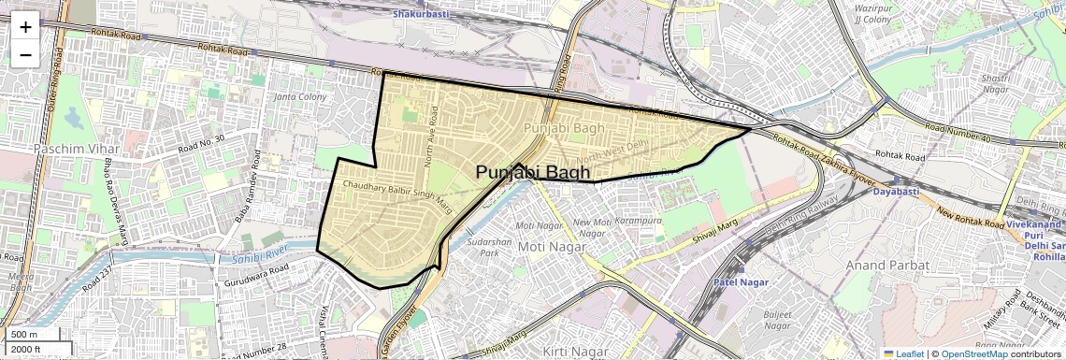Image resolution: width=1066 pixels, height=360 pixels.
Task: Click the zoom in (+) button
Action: coord(25,26)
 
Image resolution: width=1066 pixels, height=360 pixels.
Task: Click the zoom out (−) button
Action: coord(25,54)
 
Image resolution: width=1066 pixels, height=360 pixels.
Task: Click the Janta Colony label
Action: coord(299,97)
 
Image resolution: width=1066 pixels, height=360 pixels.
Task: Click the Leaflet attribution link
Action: coord(902,353)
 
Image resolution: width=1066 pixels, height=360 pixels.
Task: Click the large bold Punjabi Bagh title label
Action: coord(533,173)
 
